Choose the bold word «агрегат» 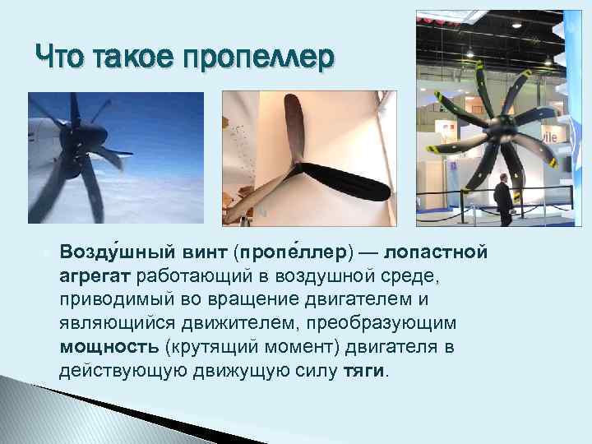pos(95,275)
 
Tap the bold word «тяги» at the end pos(363,370)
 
